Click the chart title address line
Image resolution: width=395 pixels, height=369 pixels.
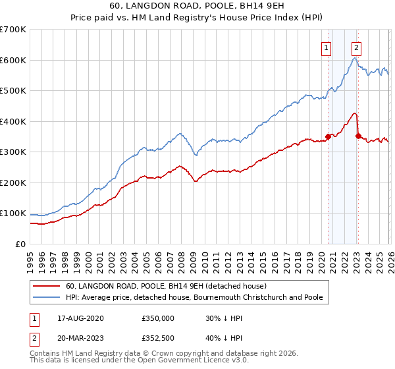197,6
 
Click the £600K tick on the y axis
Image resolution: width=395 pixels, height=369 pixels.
13,60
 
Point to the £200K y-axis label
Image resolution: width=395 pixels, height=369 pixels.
13,183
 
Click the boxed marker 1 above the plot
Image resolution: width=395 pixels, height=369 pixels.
327,47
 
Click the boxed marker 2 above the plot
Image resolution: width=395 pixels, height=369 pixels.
356,47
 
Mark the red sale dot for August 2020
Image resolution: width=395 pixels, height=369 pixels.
328,136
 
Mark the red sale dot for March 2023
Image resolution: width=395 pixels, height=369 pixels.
358,136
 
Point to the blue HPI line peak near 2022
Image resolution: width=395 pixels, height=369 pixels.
354,59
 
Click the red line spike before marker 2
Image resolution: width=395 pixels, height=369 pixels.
355,113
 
